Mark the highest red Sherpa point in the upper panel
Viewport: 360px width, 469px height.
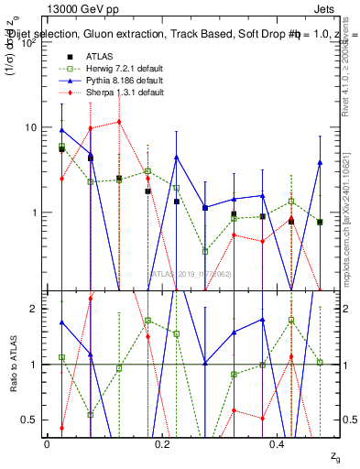[x=119, y=121]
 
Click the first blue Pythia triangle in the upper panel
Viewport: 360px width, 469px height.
[x=61, y=130]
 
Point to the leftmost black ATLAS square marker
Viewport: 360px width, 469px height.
[x=61, y=148]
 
